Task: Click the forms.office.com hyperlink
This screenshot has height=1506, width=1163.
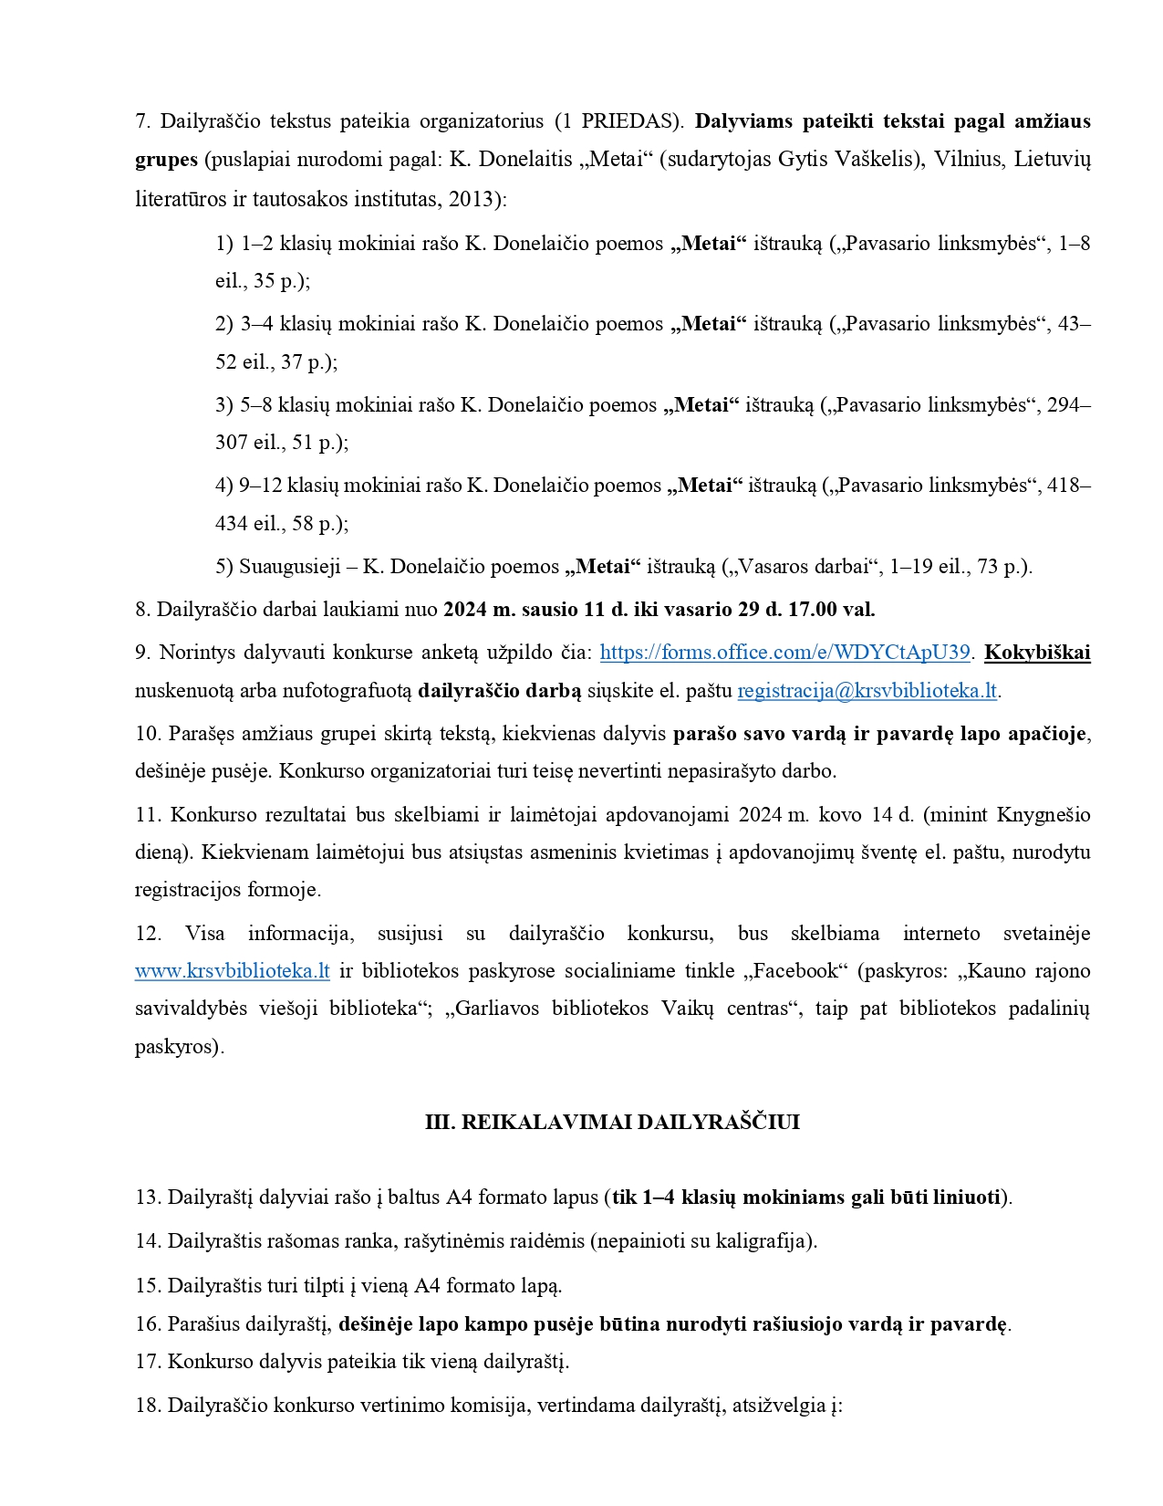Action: pyautogui.click(x=784, y=653)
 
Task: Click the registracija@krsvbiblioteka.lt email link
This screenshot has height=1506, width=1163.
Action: pyautogui.click(x=867, y=691)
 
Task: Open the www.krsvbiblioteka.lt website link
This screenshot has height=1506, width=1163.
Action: pyautogui.click(x=233, y=971)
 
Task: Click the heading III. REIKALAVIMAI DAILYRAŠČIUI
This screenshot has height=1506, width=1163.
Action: pyautogui.click(x=612, y=1123)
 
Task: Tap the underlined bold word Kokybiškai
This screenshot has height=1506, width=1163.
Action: pyautogui.click(x=1037, y=653)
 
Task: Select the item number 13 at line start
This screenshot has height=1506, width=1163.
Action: pyautogui.click(x=148, y=1197)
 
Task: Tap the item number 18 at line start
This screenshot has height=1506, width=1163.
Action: pyautogui.click(x=148, y=1406)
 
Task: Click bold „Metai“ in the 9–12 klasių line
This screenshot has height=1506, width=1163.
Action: pyautogui.click(x=705, y=486)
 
